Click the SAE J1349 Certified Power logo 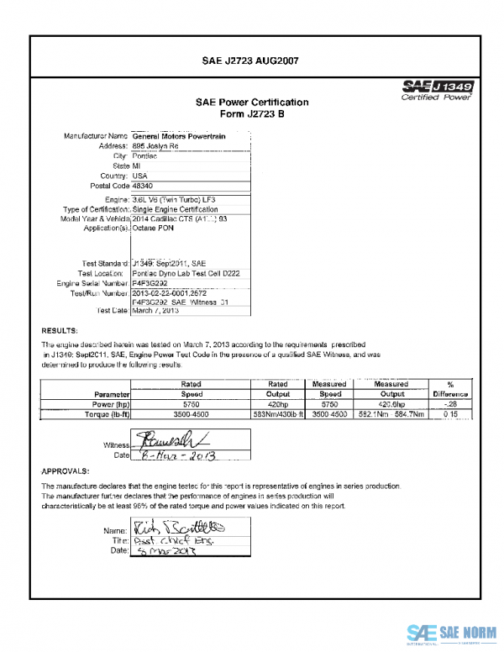[x=438, y=90]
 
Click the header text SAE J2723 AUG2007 [x=251, y=61]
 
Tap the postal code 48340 [x=144, y=186]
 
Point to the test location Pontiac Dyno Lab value [x=182, y=273]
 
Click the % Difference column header [x=450, y=388]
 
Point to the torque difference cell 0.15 [x=450, y=414]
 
